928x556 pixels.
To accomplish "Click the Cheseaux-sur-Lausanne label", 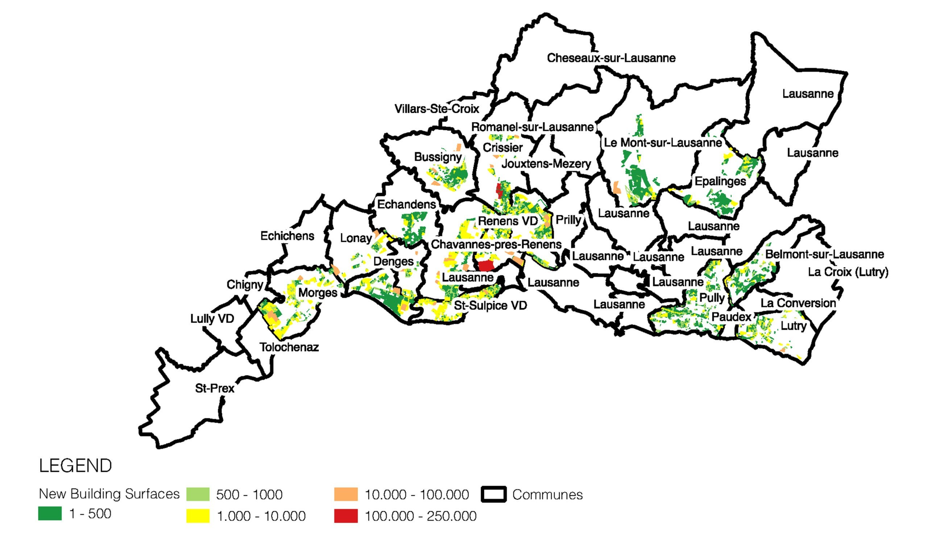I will coord(611,58).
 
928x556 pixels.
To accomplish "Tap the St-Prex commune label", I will coord(214,388).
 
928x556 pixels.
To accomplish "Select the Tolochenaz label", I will coord(289,347).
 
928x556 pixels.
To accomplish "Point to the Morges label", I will coord(318,293).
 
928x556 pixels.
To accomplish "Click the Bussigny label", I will coord(438,157).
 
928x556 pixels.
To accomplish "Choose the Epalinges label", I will coord(720,181).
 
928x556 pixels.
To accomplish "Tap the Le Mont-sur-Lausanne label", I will coord(663,143).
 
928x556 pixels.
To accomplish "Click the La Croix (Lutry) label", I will coord(848,271).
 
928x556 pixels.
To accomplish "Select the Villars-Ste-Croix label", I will coord(437,109).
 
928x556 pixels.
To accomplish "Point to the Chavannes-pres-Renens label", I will coord(496,245).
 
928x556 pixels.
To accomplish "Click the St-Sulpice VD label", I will coord(490,305).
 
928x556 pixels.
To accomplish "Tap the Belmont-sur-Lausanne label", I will coord(824,254).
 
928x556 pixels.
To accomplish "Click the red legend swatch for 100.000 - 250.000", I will coord(346,516).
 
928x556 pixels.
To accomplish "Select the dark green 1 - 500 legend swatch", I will coord(50,513).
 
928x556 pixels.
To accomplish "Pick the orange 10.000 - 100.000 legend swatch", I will coord(346,494).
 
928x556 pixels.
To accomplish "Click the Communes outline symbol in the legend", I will coord(494,494).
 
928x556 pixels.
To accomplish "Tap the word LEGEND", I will coord(75,466).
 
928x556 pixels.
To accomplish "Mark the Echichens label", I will coord(287,236).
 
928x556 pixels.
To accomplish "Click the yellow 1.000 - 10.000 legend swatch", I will coord(198,516).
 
